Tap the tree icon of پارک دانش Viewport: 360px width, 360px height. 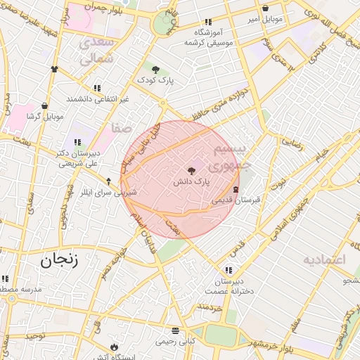tap(192, 169)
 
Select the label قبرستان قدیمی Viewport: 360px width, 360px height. tap(236, 200)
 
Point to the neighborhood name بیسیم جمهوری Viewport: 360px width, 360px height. tap(230, 157)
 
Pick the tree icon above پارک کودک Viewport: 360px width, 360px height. tap(155, 69)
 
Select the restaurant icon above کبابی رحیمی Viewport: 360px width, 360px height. tap(175, 330)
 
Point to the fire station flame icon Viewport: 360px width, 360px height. tap(115, 347)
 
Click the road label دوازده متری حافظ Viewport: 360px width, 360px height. tap(221, 103)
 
